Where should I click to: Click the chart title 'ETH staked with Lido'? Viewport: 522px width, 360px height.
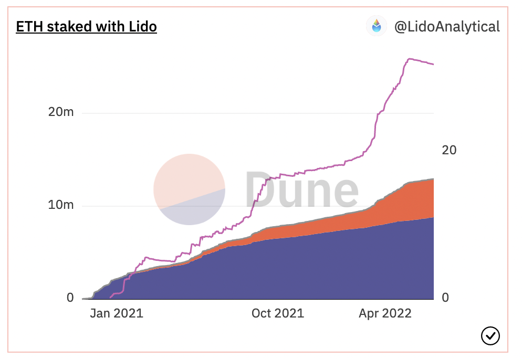point(87,26)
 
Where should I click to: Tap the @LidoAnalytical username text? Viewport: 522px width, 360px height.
point(447,27)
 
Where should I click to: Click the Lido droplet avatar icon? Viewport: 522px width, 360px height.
point(377,26)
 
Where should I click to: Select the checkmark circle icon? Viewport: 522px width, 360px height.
point(490,335)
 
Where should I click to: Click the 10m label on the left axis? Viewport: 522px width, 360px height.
point(62,205)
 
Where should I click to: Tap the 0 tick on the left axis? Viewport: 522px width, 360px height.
point(70,298)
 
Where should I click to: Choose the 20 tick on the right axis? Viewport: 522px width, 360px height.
point(449,150)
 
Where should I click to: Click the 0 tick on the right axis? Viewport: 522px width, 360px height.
point(445,298)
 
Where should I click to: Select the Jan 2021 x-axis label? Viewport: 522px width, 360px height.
point(116,314)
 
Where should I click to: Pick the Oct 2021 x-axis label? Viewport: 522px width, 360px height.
point(277,314)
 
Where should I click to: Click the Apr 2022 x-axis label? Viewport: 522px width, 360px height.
point(385,314)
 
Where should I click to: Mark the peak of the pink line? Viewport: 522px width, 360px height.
point(411,59)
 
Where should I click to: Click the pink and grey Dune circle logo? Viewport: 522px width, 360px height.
point(189,189)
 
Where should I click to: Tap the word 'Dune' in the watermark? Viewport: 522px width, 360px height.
point(301,189)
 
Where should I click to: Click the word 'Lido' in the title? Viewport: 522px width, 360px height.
point(142,26)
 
